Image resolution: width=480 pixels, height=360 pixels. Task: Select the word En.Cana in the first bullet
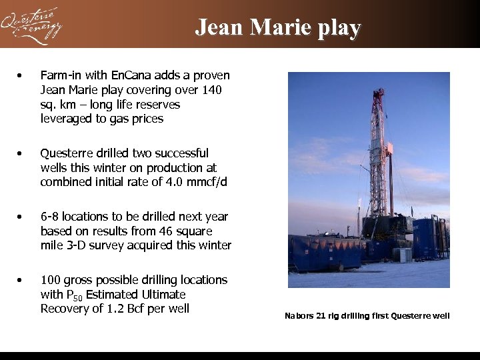[x=119, y=75]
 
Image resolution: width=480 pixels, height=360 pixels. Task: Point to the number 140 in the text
[x=212, y=90]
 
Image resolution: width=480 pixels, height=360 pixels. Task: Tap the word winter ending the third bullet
[x=213, y=245]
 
